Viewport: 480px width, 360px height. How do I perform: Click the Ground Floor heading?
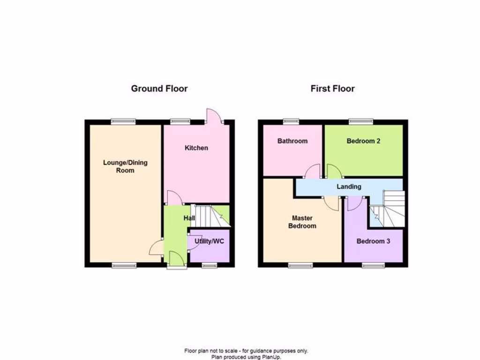click(159, 89)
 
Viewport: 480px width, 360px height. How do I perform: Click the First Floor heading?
click(332, 89)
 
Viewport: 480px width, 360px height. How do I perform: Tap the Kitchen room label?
click(196, 148)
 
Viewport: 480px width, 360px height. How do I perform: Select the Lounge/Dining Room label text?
click(125, 166)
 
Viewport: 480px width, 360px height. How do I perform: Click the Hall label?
click(189, 218)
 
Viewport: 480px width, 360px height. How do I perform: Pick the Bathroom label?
click(292, 141)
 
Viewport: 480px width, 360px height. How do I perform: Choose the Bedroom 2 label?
click(363, 141)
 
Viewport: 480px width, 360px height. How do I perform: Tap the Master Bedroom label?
click(302, 222)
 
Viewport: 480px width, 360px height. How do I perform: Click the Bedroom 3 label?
click(373, 241)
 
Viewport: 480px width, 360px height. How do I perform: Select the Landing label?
click(349, 187)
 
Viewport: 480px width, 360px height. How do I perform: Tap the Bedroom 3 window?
click(374, 266)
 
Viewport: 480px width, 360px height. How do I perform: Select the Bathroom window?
click(291, 121)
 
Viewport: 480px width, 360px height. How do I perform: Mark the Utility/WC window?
click(209, 266)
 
